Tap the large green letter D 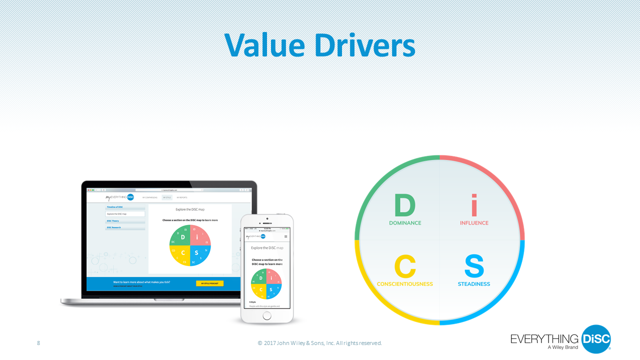(x=404, y=205)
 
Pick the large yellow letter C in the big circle (x=405, y=266)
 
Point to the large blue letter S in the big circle (x=474, y=266)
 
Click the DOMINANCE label (x=405, y=223)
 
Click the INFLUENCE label (x=474, y=223)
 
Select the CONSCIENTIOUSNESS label (x=405, y=284)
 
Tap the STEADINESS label (x=474, y=284)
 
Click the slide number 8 (x=38, y=343)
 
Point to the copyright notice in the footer (x=319, y=343)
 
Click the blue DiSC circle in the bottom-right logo (x=596, y=339)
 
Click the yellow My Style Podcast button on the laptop (x=209, y=283)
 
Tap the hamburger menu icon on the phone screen (x=286, y=236)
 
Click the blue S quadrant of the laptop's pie (x=199, y=254)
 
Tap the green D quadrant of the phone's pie (x=260, y=278)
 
